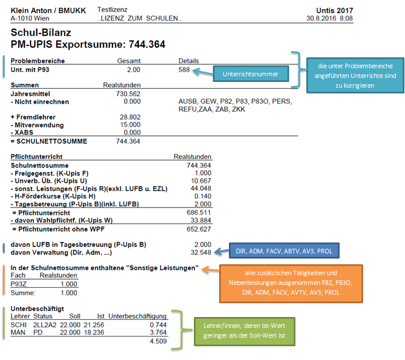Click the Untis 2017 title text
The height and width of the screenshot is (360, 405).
pos(334,10)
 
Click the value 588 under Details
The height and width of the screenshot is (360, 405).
pos(185,69)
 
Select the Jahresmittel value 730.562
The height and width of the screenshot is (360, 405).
pos(128,93)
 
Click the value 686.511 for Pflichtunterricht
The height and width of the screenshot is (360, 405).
pos(199,212)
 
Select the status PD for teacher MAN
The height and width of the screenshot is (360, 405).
pos(38,332)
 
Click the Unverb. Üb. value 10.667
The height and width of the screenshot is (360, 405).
pos(201,181)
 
